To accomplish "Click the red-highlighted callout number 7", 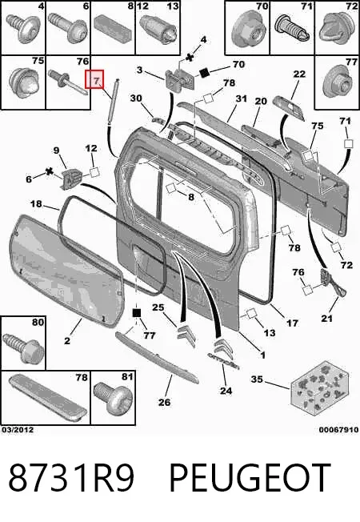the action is point(94,79).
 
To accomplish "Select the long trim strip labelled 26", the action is point(156,356).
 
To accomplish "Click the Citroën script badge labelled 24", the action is point(224,359).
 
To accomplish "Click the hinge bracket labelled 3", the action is point(179,79).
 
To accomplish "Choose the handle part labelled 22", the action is point(289,108).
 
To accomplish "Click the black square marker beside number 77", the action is point(137,313).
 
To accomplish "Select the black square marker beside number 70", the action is point(204,72).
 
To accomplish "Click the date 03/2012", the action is point(18,430).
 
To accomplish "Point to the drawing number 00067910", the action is point(338,430).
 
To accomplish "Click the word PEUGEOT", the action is point(250,478).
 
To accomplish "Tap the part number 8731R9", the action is point(71,478).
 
